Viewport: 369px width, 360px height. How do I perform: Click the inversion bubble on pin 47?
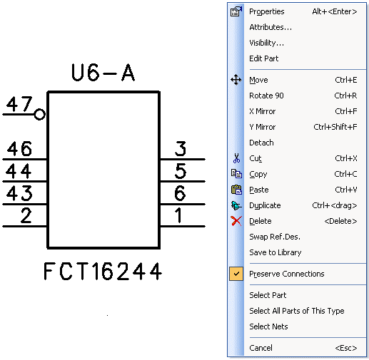tap(39, 114)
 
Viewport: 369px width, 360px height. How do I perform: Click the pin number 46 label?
tap(19, 149)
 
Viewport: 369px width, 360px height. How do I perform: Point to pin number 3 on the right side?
tap(181, 149)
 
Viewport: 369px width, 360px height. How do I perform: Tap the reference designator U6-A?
tap(103, 73)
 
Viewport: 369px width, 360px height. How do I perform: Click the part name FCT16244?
tap(103, 271)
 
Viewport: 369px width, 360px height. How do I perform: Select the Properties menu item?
tap(267, 11)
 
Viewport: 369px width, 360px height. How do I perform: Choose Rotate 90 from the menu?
tap(266, 96)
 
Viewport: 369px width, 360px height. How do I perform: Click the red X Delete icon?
tap(236, 221)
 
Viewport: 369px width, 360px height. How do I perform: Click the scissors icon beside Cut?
tap(236, 158)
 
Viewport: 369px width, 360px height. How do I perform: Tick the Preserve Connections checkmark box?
tap(236, 274)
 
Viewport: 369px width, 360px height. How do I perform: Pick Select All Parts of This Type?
tap(297, 311)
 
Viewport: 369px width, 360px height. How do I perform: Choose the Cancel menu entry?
tap(261, 348)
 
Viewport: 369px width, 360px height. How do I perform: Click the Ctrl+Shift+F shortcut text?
tap(335, 127)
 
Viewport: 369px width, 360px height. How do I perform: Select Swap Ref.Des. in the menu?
tap(275, 237)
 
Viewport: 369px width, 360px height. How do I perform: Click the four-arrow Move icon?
tap(236, 80)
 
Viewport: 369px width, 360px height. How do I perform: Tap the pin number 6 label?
tap(180, 193)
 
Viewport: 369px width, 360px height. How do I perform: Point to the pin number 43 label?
tap(19, 193)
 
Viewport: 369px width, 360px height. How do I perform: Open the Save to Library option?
tap(276, 252)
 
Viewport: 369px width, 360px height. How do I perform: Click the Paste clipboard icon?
tap(236, 190)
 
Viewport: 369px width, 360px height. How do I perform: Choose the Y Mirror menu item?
tap(263, 127)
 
